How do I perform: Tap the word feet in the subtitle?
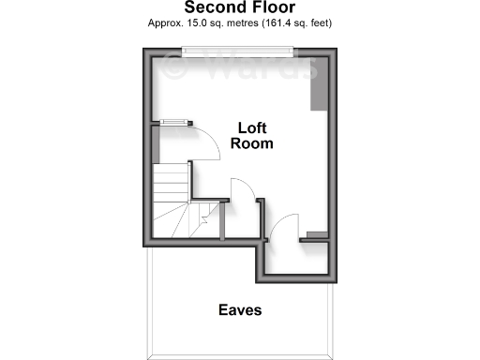[x=318, y=22]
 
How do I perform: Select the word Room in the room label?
[x=253, y=143]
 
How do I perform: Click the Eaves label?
[x=240, y=309]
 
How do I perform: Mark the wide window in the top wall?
[x=239, y=53]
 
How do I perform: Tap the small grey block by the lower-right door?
[x=317, y=232]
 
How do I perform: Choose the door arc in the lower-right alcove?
[x=284, y=225]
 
